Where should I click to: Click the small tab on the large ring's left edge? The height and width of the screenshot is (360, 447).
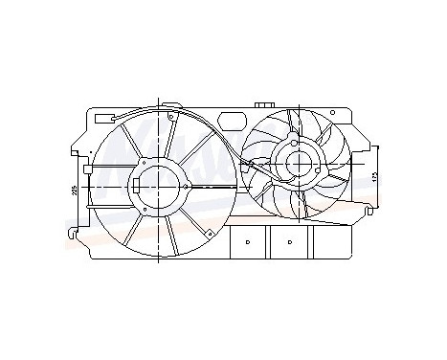pyautogui.click(x=87, y=173)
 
